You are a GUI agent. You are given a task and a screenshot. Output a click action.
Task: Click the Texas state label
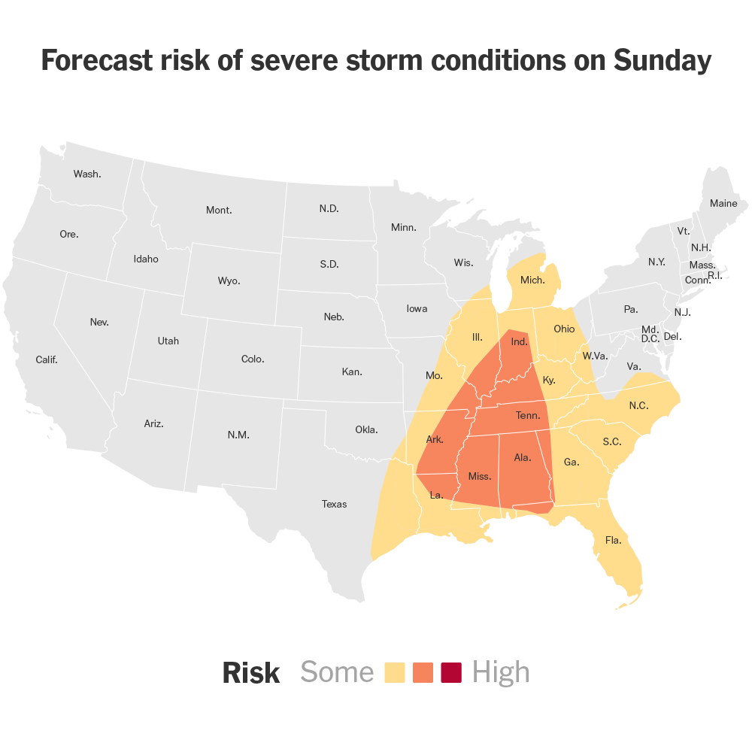tap(334, 504)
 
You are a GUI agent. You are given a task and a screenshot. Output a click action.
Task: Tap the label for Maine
tap(723, 203)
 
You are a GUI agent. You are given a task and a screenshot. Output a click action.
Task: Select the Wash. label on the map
tap(87, 174)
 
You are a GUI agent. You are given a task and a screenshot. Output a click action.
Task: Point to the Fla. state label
tap(614, 539)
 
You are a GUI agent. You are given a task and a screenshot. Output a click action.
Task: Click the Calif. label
tap(47, 359)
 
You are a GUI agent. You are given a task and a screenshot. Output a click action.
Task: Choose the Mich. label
tap(532, 280)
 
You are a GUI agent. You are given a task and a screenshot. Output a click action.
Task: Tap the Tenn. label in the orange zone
tap(528, 415)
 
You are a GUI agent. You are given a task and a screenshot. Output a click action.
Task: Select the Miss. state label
tap(480, 476)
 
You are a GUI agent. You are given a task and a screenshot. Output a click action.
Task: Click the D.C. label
tap(650, 338)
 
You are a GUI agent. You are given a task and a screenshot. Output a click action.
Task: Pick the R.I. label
tap(715, 276)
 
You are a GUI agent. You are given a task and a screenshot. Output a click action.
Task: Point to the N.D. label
tap(329, 208)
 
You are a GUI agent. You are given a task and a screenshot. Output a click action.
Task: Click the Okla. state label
tap(366, 429)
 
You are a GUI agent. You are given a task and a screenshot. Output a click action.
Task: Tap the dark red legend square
tap(451, 672)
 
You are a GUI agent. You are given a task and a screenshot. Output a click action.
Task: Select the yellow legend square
tap(395, 672)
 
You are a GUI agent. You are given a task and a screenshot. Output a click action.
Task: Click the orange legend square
tap(423, 672)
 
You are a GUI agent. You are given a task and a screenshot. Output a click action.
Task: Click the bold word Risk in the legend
tap(251, 673)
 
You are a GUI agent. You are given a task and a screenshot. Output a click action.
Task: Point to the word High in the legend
tap(501, 672)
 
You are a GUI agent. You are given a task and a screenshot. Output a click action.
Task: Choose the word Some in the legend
tap(337, 672)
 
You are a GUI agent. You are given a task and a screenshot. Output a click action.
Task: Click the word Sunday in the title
tap(663, 60)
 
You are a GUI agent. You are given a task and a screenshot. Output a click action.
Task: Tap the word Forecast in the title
tap(96, 60)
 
